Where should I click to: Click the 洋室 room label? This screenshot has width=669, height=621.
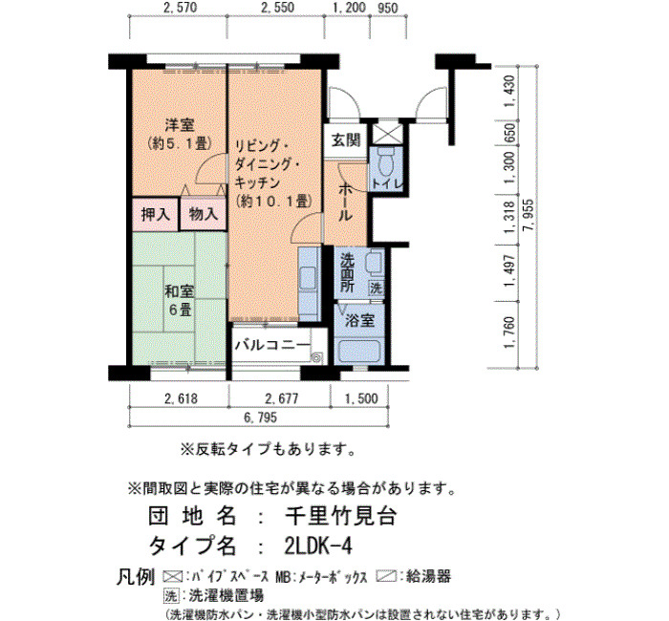(x=180, y=125)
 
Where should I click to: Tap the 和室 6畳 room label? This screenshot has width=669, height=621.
(x=180, y=300)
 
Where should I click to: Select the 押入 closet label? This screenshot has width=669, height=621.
(x=155, y=214)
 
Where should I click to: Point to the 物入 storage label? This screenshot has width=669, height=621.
(x=203, y=214)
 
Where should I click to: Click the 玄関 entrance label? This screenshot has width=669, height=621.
(x=346, y=140)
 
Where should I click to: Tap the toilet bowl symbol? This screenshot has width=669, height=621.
(x=386, y=162)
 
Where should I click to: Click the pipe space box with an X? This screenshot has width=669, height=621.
(x=387, y=133)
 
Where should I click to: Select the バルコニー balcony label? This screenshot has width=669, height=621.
(x=272, y=345)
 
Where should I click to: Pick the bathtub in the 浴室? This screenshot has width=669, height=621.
(x=358, y=352)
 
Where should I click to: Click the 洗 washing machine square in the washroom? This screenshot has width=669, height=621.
(x=376, y=288)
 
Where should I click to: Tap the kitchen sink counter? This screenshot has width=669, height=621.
(x=309, y=284)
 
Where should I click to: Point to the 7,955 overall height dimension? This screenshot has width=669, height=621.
(x=529, y=215)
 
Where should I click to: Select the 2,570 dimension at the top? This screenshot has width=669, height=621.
(x=180, y=8)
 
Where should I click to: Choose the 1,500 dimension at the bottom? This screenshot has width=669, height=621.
(x=361, y=398)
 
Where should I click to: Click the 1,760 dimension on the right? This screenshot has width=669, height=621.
(x=509, y=332)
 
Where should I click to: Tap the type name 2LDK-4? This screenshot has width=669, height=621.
(x=318, y=546)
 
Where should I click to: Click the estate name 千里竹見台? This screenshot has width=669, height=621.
(x=341, y=516)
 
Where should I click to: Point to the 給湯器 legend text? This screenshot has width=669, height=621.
(x=428, y=577)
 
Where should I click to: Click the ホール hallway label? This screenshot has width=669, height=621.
(x=345, y=203)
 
